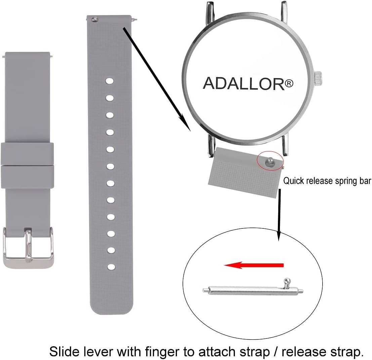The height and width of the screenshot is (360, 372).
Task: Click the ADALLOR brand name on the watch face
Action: pos(244,83)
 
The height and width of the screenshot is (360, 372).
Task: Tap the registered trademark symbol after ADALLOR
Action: pos(289,83)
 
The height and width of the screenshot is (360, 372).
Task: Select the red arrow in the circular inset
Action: pos(254,265)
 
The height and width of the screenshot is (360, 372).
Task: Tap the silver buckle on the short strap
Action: pos(28,248)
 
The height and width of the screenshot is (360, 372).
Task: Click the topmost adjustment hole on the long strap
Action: pos(110,81)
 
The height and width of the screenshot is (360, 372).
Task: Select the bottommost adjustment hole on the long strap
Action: pos(111,267)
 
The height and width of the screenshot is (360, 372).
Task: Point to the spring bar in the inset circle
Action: pos(253,289)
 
